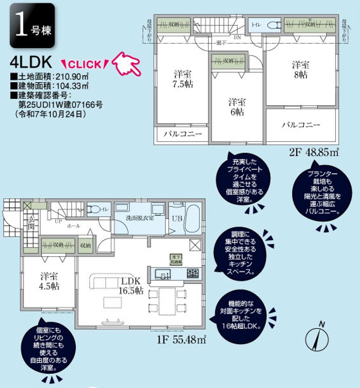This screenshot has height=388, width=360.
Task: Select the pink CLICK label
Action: click(85, 63)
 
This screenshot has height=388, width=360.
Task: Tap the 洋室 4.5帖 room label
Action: click(49, 281)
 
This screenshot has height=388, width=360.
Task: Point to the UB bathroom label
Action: click(177, 219)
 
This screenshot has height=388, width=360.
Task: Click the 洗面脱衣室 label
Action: click(139, 218)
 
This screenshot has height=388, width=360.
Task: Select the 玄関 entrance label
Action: click(31, 222)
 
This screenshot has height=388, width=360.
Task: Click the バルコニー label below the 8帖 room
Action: click(301, 124)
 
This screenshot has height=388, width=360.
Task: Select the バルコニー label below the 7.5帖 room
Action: click(183, 134)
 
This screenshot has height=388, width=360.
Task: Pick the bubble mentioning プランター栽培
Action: click(322, 193)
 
